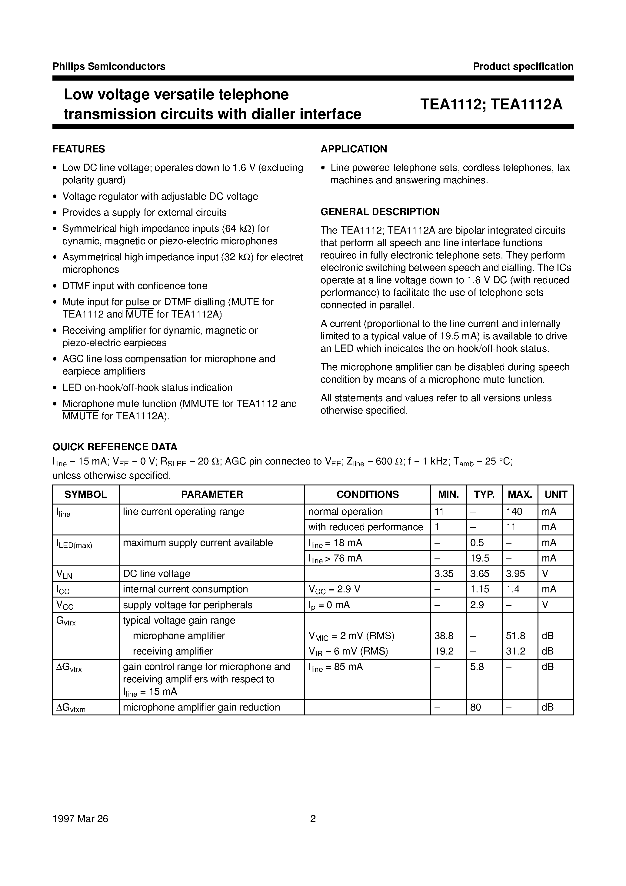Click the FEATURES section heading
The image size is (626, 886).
point(78,149)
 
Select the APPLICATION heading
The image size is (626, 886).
point(354,149)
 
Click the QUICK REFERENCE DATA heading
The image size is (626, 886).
point(115,447)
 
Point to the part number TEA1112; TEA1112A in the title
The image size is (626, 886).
point(491,104)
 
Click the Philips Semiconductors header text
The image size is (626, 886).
point(109,66)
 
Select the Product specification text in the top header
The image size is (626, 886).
point(523,66)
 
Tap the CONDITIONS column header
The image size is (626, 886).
point(368,494)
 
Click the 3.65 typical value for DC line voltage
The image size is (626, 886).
point(479,574)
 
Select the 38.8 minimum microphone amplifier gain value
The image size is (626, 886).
point(444,635)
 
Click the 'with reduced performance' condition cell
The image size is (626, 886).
point(365,527)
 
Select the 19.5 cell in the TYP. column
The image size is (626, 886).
point(479,558)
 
